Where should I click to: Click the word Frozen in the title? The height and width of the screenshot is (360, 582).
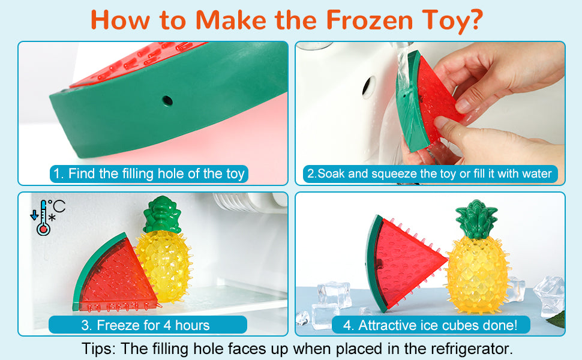click(370, 20)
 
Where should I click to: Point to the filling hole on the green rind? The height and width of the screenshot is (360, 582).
click(167, 101)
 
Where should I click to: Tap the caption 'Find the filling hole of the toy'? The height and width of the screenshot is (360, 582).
click(149, 173)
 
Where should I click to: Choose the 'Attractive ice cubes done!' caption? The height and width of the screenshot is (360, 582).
click(431, 325)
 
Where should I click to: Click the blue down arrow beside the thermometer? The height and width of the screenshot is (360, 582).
click(34, 215)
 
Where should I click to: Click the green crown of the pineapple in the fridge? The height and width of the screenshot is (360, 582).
click(162, 215)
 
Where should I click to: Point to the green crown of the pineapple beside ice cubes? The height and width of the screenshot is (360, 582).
click(476, 218)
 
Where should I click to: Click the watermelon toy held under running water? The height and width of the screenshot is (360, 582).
click(427, 101)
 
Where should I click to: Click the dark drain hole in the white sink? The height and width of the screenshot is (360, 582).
click(367, 86)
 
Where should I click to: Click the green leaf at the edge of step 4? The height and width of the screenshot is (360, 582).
click(557, 320)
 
